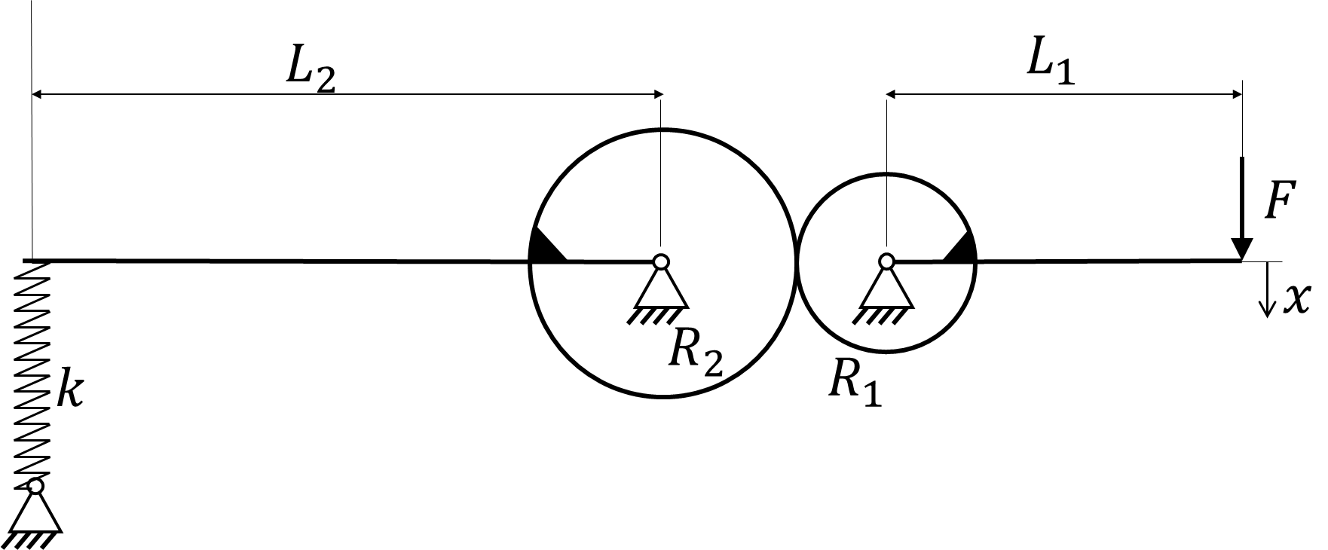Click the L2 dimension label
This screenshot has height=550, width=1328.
[310, 72]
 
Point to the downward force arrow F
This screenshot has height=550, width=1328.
[1241, 209]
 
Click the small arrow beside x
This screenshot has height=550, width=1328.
[1268, 289]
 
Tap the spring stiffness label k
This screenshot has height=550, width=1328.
[70, 390]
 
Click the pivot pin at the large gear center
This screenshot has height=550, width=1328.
[660, 261]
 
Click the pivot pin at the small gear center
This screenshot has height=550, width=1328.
[886, 261]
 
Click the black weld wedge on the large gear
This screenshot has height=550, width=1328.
[544, 246]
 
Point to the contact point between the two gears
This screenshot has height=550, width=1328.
[796, 261]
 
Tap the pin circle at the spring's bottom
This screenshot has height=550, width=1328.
[35, 486]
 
